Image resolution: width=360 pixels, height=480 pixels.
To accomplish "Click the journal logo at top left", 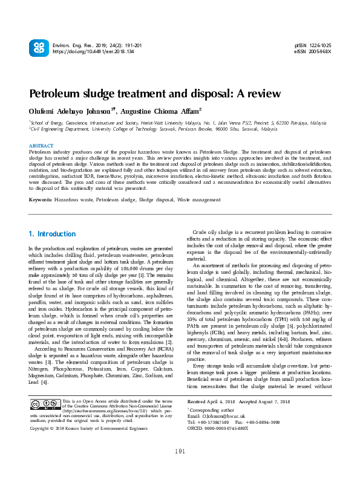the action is [x=38, y=48].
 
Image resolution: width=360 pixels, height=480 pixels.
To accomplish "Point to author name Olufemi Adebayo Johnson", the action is [x=70, y=112].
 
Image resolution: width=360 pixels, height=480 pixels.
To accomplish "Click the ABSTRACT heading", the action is [x=42, y=146].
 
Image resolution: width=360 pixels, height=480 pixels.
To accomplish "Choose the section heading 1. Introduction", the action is [x=53, y=234].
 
